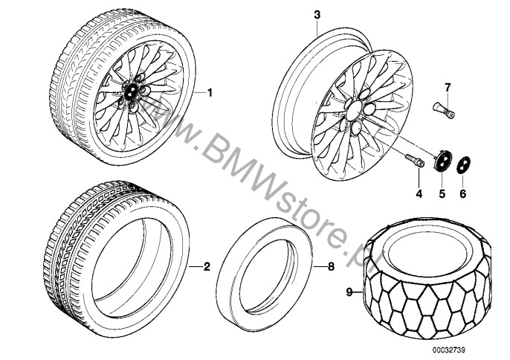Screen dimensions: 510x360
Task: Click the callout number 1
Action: tap(210, 93)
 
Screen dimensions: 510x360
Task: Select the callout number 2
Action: tap(207, 267)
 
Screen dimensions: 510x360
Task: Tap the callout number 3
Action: tap(317, 15)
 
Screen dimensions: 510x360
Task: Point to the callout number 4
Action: tap(419, 193)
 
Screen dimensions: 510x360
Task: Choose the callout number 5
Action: tap(442, 193)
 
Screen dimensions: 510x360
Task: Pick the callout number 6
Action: tap(463, 193)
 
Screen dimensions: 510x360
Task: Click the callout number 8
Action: tap(331, 267)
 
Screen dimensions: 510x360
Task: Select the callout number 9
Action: tap(349, 292)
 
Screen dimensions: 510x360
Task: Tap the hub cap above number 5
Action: tap(442, 160)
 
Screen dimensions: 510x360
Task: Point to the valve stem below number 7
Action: tap(444, 110)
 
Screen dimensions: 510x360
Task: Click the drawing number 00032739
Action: tap(448, 350)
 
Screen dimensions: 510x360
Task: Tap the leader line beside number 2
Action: tap(196, 267)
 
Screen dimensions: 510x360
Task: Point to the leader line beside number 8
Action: tap(320, 267)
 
